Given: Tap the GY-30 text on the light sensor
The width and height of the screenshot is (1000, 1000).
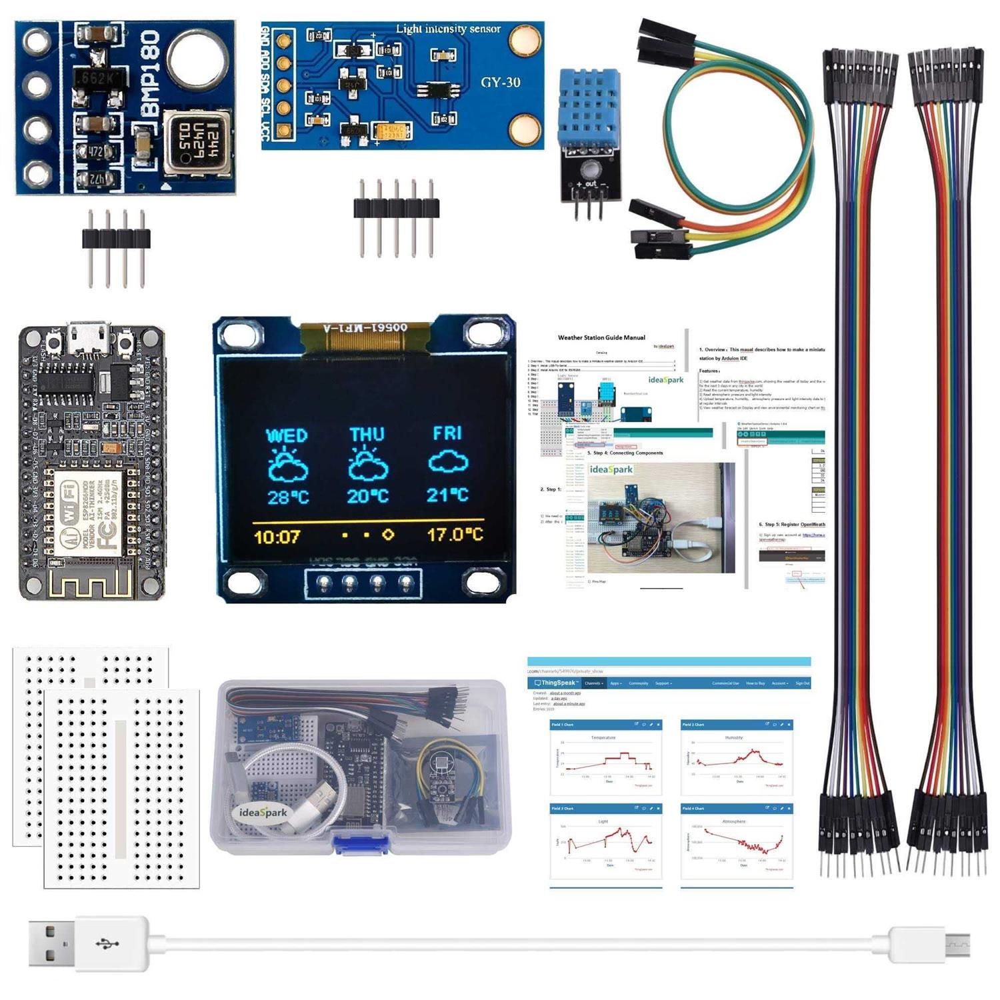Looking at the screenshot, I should click(x=500, y=83).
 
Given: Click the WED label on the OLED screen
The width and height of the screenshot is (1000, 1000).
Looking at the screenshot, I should click(x=287, y=436).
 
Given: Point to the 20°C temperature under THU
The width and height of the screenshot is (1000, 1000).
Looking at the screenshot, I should click(x=367, y=497).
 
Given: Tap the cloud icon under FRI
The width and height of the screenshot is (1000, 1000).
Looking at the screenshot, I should click(x=448, y=461).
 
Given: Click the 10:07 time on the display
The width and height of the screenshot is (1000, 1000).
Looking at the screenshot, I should click(x=277, y=537).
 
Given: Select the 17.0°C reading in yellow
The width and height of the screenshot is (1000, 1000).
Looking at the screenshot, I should click(x=455, y=535).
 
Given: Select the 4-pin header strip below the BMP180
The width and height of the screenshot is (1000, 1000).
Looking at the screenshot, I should click(x=116, y=239).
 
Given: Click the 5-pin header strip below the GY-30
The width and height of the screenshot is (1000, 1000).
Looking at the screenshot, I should click(x=396, y=207).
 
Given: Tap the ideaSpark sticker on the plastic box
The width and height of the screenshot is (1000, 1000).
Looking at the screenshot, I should click(x=263, y=813).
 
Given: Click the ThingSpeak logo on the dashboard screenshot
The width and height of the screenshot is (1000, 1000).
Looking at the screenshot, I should click(x=556, y=683).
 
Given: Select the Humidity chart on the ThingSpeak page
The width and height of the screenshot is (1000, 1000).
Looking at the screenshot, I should click(x=737, y=758).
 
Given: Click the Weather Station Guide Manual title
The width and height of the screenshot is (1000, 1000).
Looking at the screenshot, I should click(x=601, y=338).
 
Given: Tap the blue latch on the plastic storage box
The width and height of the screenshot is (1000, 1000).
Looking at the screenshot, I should click(x=360, y=843).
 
